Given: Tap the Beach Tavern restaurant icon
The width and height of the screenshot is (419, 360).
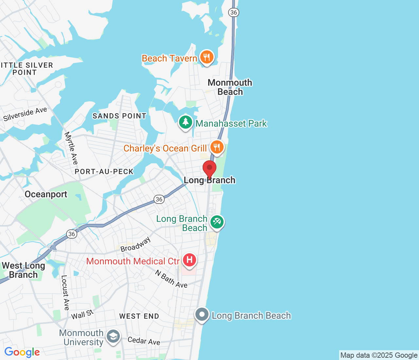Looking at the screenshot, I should [207, 58].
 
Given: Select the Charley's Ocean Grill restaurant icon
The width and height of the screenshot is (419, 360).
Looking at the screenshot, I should [217, 147].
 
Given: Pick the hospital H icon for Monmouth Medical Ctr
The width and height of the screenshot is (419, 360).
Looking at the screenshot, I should [189, 261].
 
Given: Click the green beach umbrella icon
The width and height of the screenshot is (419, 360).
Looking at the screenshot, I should [217, 222].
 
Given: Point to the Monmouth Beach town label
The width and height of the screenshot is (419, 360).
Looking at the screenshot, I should [230, 87].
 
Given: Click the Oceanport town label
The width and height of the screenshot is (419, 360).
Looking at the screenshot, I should [46, 194].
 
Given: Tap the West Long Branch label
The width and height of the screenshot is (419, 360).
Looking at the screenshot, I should [23, 270].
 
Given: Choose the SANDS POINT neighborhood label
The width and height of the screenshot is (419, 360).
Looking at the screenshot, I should [119, 116].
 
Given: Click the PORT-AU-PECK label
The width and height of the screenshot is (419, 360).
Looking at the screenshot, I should [104, 171].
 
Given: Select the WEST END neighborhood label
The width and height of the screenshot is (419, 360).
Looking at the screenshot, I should [139, 316].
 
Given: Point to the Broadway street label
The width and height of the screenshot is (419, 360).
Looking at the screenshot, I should [136, 244].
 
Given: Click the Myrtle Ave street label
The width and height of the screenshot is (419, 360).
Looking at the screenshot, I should [71, 148].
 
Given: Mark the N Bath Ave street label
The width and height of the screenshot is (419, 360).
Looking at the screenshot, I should [171, 279].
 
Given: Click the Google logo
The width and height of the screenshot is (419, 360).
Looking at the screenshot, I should [22, 352].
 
